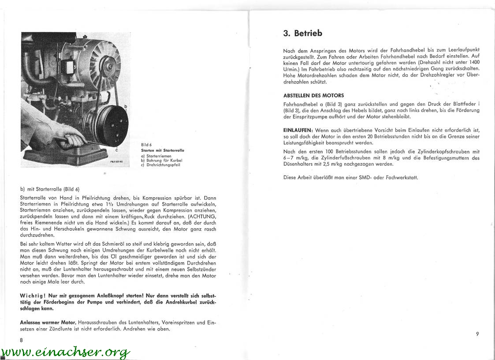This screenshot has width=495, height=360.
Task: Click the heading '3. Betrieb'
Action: (302, 33)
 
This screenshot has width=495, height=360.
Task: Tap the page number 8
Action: (21, 340)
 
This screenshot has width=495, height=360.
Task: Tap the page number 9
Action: (477, 334)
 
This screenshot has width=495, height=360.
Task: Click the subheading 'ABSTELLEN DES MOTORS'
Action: (313, 95)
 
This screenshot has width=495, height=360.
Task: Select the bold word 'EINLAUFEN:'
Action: (298, 130)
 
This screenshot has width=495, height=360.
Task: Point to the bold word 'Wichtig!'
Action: (33, 295)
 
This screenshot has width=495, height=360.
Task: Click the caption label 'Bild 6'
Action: (146, 145)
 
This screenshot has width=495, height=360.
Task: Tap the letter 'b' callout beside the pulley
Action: (126, 107)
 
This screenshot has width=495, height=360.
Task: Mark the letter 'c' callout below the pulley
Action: (116, 150)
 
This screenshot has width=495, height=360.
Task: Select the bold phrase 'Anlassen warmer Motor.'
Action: (48, 322)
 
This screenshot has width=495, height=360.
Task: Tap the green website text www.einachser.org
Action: (66, 352)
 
